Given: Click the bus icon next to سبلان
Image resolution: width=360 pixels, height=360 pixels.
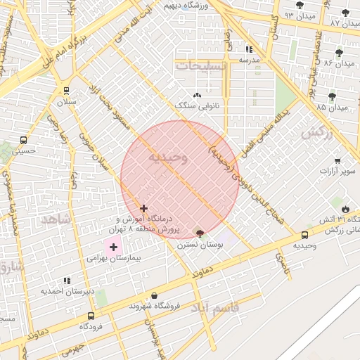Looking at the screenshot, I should point(66,90).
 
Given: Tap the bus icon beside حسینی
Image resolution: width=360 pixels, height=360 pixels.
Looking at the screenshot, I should point(24,139).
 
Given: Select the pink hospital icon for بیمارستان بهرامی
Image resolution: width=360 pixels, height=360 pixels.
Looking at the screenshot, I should point(113,247).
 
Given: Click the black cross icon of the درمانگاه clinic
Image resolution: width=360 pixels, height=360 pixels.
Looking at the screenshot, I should point(144,208).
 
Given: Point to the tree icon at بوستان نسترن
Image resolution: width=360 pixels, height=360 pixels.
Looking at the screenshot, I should point(200,233).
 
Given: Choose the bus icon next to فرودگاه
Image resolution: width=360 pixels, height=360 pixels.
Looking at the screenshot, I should point(90,316).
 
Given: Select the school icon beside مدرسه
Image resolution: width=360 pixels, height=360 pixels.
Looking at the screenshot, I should point(249,49).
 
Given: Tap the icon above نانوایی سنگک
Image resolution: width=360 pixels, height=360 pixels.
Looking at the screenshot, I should point(197,95).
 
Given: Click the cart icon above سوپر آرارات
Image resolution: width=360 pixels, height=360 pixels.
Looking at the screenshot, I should point(337,160).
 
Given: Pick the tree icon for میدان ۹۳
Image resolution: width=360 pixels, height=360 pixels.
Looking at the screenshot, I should point(300,4).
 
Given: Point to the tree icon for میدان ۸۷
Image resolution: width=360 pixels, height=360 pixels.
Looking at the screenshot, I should point(345,13).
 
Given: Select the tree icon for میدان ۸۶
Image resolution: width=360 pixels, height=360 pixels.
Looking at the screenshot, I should point(339,53).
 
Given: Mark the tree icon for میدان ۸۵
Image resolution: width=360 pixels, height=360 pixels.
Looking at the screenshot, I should point(332,96).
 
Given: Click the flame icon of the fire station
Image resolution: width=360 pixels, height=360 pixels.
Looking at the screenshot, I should point(345,209).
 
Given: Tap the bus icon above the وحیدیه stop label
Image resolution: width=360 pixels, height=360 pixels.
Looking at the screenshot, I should point(304,235).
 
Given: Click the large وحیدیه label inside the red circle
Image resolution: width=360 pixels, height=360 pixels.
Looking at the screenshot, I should point(167,158).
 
